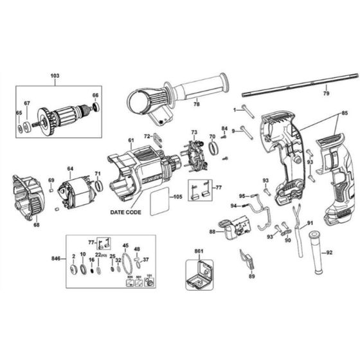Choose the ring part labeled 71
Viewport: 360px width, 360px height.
pos(98,186)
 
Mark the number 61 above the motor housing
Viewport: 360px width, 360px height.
pos(130,140)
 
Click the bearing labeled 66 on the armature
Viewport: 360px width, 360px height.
pos(96,107)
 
